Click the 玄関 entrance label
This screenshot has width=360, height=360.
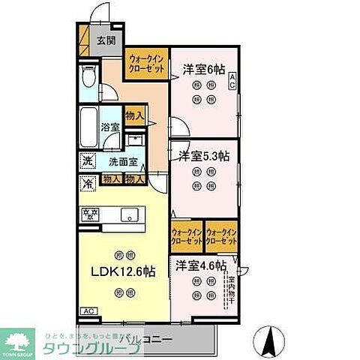106,41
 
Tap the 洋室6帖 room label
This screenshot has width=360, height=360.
204,70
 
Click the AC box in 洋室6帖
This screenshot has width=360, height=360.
232,80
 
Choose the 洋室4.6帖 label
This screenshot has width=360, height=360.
201,265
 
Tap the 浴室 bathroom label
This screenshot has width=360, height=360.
110,127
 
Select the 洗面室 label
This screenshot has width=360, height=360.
122,161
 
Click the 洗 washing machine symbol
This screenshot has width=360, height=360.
88,160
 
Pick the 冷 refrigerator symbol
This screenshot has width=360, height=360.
88,181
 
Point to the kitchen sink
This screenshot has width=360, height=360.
127,214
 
